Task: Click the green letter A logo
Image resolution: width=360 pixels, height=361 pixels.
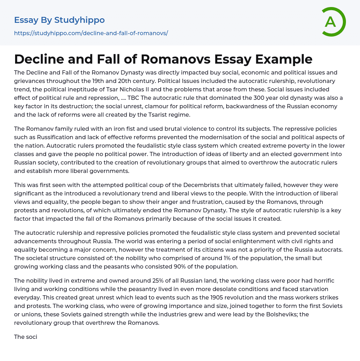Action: [x=333, y=22]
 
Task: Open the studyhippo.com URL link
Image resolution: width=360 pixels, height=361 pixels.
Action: [x=91, y=33]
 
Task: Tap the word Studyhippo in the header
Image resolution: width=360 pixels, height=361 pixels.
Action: [x=79, y=20]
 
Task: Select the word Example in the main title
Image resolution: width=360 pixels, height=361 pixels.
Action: [x=284, y=59]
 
